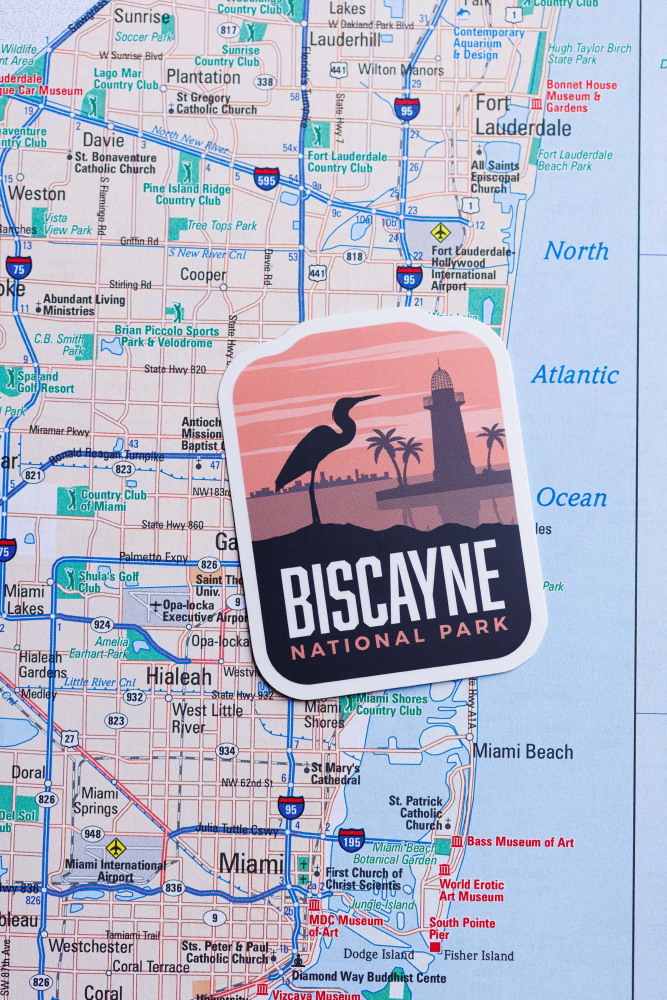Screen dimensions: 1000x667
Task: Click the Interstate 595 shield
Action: tap(265, 179)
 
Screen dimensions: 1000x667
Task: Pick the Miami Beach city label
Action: tap(523, 752)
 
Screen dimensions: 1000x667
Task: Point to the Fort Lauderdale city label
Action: tap(522, 116)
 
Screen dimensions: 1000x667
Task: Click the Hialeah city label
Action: tap(179, 676)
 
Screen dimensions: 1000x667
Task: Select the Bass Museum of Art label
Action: tap(520, 842)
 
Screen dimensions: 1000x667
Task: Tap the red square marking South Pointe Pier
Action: tap(435, 946)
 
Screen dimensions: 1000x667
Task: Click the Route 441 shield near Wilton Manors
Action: tap(338, 69)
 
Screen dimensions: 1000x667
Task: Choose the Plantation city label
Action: tap(203, 77)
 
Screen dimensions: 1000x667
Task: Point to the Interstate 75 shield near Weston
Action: tap(19, 269)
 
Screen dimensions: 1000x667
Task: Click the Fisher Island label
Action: tap(478, 955)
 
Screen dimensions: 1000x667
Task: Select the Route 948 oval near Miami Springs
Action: tap(93, 834)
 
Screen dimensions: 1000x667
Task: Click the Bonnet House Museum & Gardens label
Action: tap(581, 96)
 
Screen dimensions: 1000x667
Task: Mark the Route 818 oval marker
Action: tap(354, 257)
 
